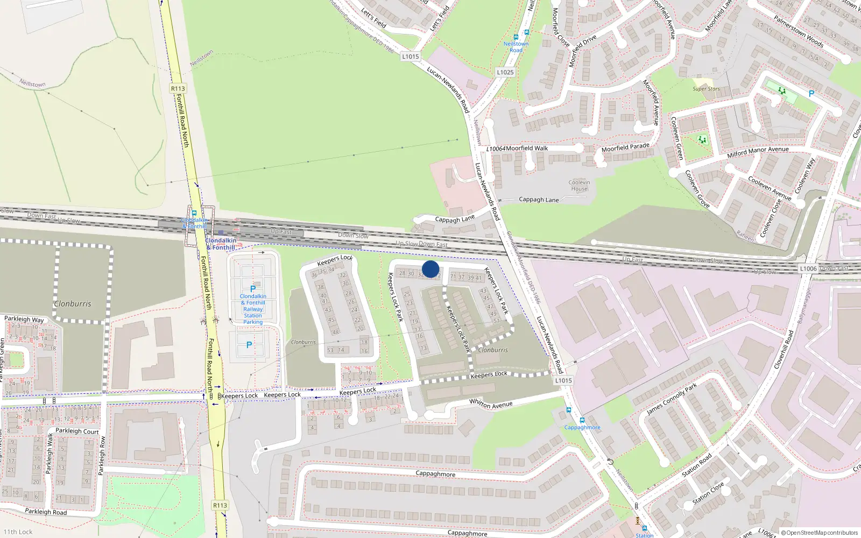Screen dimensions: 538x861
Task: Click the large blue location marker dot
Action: point(430,269)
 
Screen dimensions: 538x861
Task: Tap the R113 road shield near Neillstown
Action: point(178,89)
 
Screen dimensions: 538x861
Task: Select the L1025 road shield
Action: point(505,72)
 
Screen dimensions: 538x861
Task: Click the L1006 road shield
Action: point(808,268)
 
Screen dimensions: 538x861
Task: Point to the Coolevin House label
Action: point(579,186)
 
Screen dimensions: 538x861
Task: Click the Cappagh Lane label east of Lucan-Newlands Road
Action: point(538,200)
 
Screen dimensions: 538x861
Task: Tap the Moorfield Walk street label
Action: point(527,148)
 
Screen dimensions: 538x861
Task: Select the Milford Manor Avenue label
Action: point(758,152)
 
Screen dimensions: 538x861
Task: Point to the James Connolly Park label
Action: point(672,399)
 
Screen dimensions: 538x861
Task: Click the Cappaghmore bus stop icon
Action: point(582,420)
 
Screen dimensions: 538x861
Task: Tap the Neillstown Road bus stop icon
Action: point(516,37)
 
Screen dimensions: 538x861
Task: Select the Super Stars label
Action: point(706,89)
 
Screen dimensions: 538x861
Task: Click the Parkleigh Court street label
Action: point(77,431)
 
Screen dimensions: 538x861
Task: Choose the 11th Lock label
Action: point(18,532)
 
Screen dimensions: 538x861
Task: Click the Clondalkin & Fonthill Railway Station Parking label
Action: point(253,309)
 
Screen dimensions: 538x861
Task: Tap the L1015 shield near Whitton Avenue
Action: point(563,380)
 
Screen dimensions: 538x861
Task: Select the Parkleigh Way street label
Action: point(24,319)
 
